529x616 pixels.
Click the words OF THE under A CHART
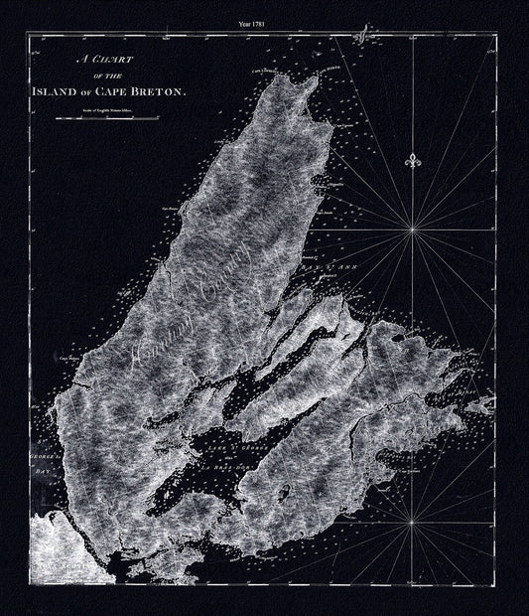92,76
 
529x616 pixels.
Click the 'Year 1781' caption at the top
263,19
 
